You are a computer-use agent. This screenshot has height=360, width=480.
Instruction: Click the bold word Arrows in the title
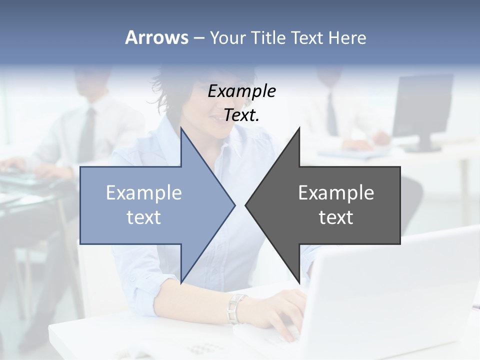pos(157,37)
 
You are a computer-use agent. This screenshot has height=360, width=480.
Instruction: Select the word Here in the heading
pos(347,37)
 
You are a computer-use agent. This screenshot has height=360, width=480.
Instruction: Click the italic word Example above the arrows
pos(241,91)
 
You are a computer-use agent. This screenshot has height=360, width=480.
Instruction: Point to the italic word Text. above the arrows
pos(241,115)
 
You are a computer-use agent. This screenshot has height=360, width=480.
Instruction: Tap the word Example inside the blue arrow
pos(144,193)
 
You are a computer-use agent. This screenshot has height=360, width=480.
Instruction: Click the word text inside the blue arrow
pos(144,217)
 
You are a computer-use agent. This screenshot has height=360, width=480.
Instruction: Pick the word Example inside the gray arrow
pos(336,193)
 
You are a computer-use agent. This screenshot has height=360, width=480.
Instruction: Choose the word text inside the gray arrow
pos(336,217)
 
